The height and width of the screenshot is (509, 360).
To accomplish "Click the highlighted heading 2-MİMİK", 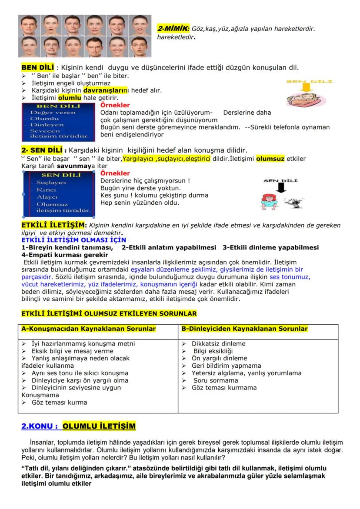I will tap(173, 28).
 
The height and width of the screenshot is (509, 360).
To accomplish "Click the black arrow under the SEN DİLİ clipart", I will tap(280, 187).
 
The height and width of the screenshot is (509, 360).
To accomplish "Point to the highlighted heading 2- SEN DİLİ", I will tap(43, 150).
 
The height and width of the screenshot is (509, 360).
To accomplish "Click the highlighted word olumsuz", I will tap(270, 158).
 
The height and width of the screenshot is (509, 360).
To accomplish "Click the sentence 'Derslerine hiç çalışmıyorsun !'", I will tap(145, 181).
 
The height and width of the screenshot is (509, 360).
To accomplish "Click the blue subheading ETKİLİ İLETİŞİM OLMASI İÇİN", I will tap(73, 240).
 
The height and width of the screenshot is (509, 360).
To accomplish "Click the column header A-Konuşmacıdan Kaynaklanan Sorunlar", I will tap(89, 329).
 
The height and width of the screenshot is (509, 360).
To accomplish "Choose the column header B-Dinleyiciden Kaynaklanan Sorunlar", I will tap(244, 329).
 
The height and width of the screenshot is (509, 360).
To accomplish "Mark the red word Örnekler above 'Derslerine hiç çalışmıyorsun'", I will tap(115, 173).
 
